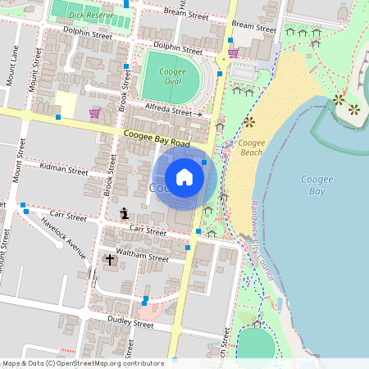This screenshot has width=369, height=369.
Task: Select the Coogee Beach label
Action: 251,148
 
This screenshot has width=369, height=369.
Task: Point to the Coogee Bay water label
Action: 317,184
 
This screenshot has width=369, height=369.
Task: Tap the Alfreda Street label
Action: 168,112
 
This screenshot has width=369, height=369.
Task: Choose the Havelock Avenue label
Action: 64,239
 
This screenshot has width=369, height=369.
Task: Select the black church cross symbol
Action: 110,260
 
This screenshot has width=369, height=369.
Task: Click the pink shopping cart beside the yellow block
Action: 94,112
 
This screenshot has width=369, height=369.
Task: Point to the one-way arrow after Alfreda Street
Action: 199,114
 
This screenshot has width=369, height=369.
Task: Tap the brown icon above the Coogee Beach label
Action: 249,123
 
